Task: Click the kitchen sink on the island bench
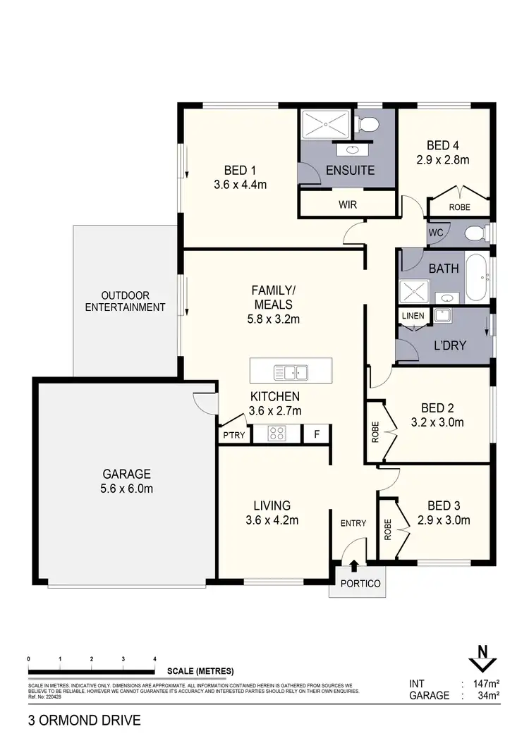pyautogui.click(x=290, y=372)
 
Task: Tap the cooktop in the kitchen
pyautogui.click(x=277, y=434)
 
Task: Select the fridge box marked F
pyautogui.click(x=317, y=434)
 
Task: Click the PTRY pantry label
pyautogui.click(x=233, y=435)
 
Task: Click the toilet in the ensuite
pyautogui.click(x=368, y=125)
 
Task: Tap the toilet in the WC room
pyautogui.click(x=477, y=232)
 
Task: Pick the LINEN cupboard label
pyautogui.click(x=413, y=316)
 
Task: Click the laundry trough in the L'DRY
pyautogui.click(x=444, y=315)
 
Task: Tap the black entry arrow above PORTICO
pyautogui.click(x=353, y=563)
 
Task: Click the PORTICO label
pyautogui.click(x=360, y=584)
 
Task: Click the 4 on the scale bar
pyautogui.click(x=154, y=658)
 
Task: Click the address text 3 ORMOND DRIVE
pyautogui.click(x=84, y=720)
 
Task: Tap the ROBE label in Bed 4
pyautogui.click(x=459, y=207)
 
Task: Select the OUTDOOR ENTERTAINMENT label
pyautogui.click(x=125, y=301)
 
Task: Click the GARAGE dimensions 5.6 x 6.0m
pyautogui.click(x=126, y=488)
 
